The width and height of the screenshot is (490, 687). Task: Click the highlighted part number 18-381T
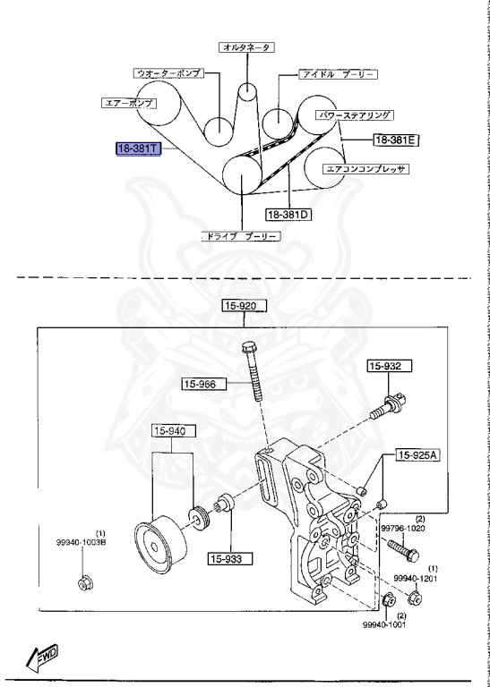137,148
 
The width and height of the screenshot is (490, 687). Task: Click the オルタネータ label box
246,47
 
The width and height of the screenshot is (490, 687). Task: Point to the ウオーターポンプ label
168,72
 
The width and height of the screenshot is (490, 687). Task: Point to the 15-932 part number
388,366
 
